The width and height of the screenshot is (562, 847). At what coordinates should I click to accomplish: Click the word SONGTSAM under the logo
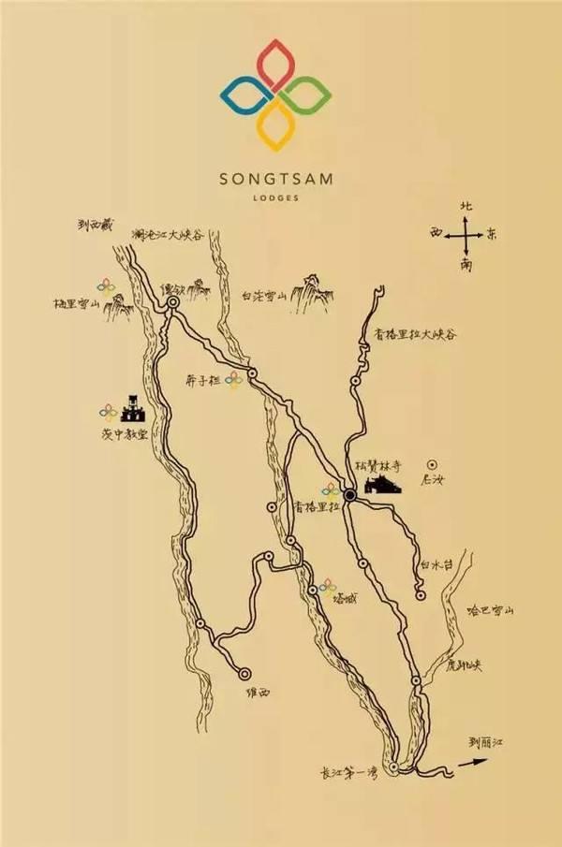[x=280, y=177]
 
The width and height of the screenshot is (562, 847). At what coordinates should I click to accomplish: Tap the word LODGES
[x=280, y=197]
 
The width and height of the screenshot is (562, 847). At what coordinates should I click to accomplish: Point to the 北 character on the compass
[x=466, y=206]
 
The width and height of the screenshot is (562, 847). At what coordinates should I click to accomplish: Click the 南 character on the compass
[x=466, y=265]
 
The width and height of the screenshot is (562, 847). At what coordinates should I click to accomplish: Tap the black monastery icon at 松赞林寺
[x=380, y=486]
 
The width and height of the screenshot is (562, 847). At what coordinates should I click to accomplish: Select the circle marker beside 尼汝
[x=431, y=464]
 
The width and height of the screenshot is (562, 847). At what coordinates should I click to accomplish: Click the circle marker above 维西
[x=245, y=672]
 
